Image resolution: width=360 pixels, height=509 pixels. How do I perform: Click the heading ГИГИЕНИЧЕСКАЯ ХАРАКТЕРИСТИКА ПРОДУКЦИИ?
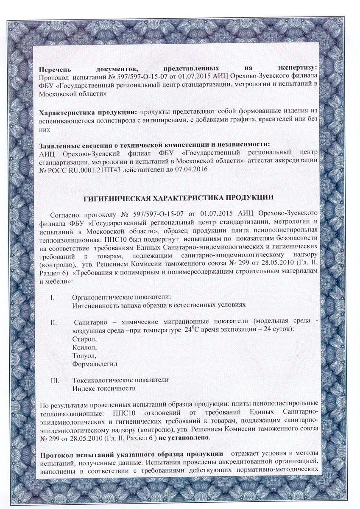pyautogui.click(x=180, y=197)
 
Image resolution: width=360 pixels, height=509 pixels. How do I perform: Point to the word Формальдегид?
pyautogui.click(x=95, y=364)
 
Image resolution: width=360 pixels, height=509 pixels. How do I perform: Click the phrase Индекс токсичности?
pyautogui.click(x=104, y=388)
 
